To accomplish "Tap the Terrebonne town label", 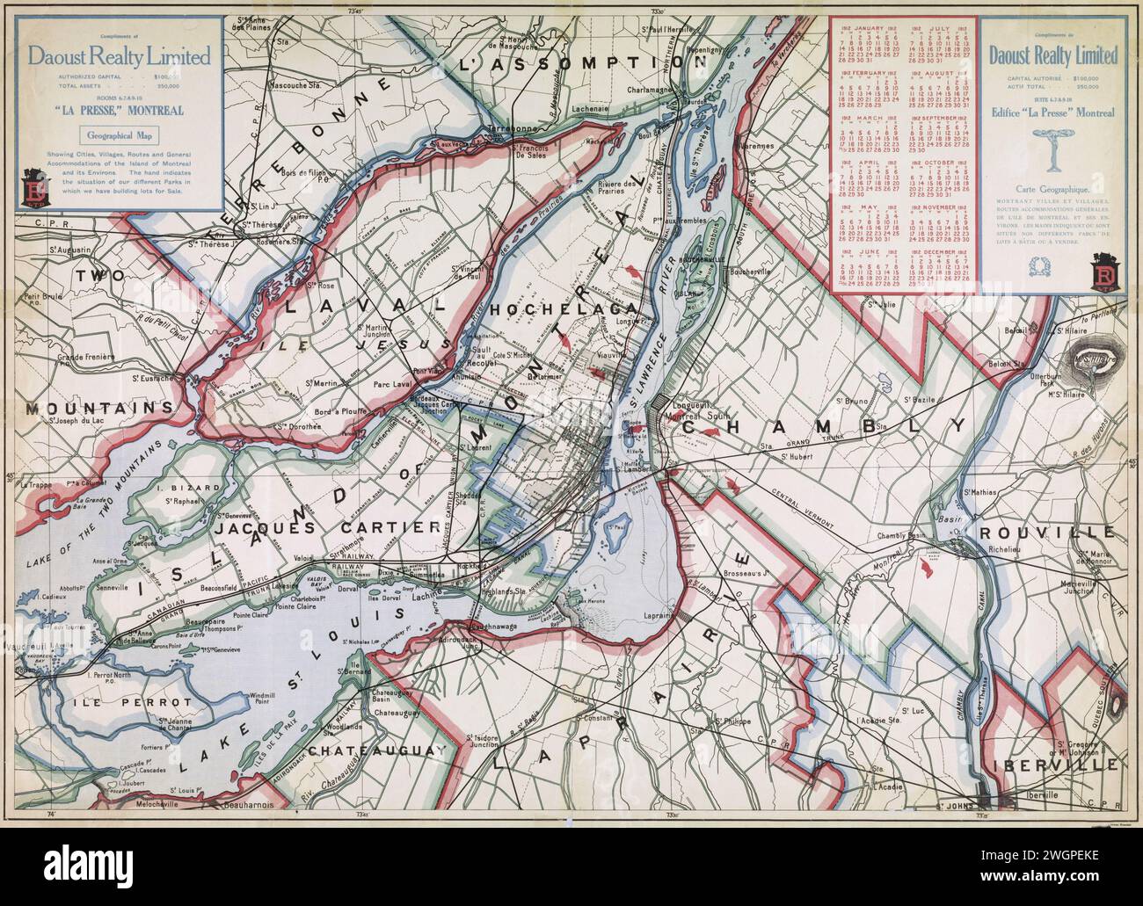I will pos(514,127).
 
